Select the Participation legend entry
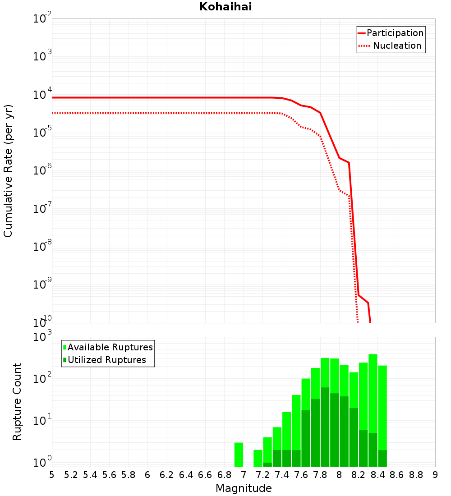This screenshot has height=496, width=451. coord(395,33)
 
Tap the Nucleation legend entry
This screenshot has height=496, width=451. coord(397,46)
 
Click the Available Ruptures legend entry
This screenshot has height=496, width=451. coord(110,347)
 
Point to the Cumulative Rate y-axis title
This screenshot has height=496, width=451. coord(8,170)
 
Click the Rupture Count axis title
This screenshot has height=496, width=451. coord(17,402)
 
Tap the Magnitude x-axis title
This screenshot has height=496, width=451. coord(244,488)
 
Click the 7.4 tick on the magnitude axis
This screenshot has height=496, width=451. coord(282,475)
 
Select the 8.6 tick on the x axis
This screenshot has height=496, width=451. coord(397,475)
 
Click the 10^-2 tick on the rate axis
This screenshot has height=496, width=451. coord(42,19)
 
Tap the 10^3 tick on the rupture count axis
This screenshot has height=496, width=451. coord(42,337)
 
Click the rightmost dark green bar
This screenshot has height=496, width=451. coord(382,458)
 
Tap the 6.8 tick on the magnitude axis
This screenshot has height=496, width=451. coord(224,475)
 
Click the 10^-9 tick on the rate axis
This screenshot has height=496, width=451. coord(42,285)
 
